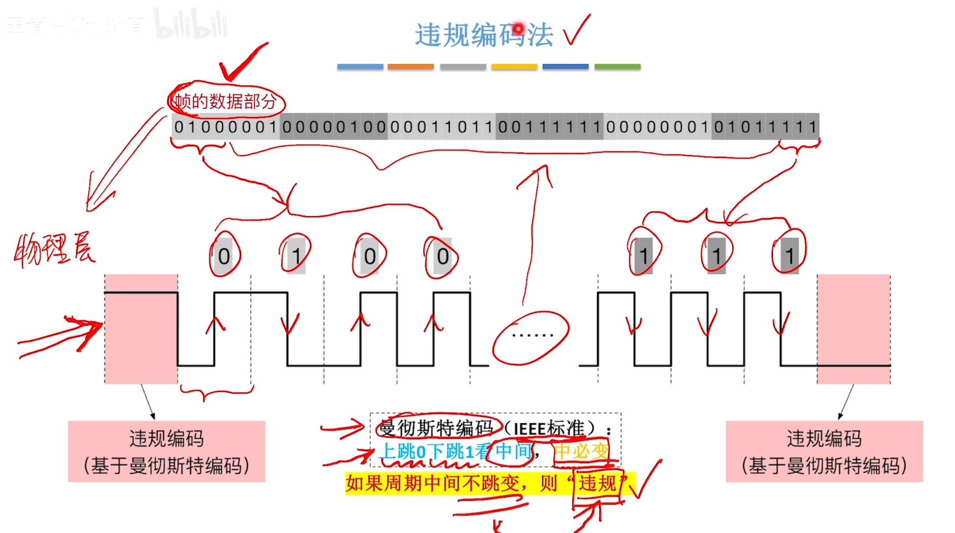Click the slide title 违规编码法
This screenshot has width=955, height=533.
[x=484, y=35]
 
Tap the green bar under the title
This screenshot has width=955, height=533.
[x=617, y=67]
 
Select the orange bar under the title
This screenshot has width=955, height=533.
[x=411, y=67]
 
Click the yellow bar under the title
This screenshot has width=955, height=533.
[x=514, y=67]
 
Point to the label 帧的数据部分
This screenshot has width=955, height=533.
[x=226, y=102]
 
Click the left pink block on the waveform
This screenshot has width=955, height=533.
[x=141, y=329]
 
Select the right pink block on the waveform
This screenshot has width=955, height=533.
[x=853, y=329]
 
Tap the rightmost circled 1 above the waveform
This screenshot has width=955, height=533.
[x=789, y=255]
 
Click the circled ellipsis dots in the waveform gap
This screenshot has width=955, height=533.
[x=532, y=336]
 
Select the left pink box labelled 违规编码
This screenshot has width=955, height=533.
[x=167, y=451]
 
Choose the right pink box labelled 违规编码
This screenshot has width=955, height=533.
[x=824, y=451]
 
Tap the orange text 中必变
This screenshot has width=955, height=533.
[x=581, y=451]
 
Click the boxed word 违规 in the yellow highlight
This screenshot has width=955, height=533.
[x=597, y=483]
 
